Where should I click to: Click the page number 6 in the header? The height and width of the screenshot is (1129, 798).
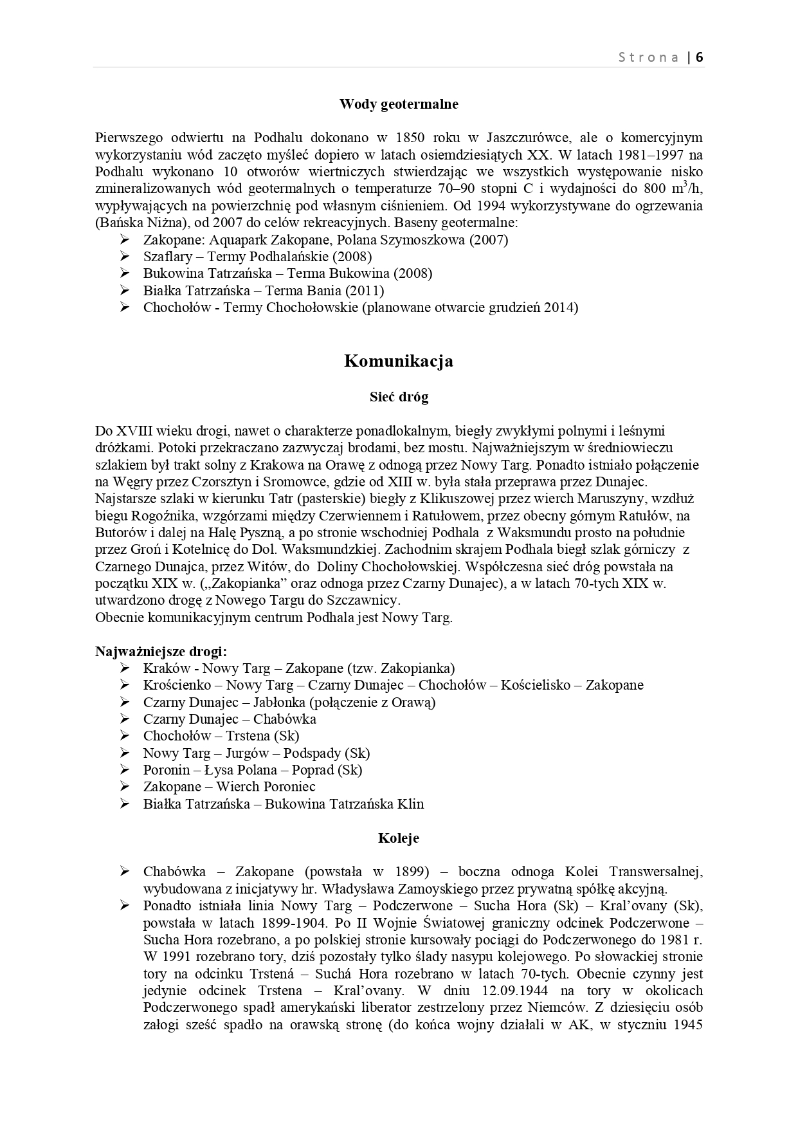point(700,57)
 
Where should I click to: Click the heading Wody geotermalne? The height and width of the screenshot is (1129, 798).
point(399,104)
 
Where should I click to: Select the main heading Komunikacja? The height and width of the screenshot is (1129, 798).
point(399,361)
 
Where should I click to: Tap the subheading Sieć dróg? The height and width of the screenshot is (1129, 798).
point(399,397)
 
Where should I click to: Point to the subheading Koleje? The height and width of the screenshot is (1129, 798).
point(399,838)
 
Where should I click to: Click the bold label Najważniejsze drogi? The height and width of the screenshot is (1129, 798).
point(161,651)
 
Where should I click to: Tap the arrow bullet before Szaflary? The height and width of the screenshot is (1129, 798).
point(125,256)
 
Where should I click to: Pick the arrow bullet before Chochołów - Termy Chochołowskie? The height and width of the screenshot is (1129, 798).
point(125,307)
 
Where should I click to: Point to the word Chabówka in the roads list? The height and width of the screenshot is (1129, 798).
point(284,719)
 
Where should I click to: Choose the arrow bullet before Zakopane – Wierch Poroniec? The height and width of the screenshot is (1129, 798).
point(125,787)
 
